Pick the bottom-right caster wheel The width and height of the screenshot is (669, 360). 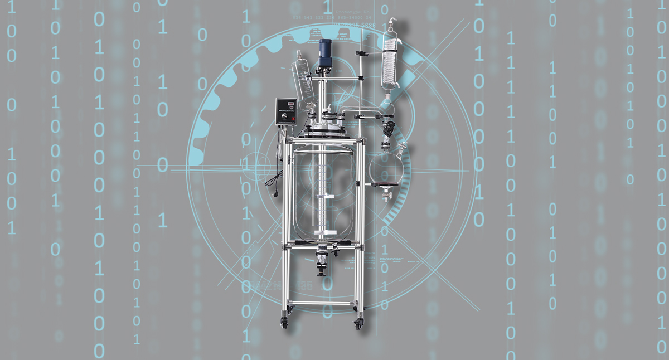pyautogui.click(x=357, y=322)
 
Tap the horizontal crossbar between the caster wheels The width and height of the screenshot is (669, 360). pyautogui.click(x=321, y=303)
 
